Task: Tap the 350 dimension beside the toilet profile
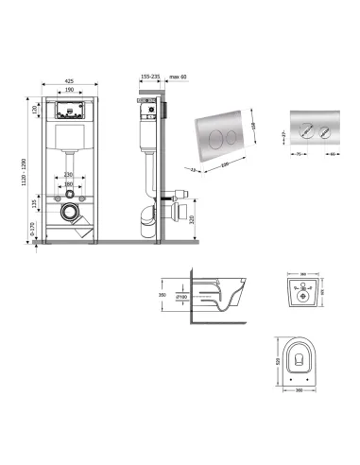click(163, 295)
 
